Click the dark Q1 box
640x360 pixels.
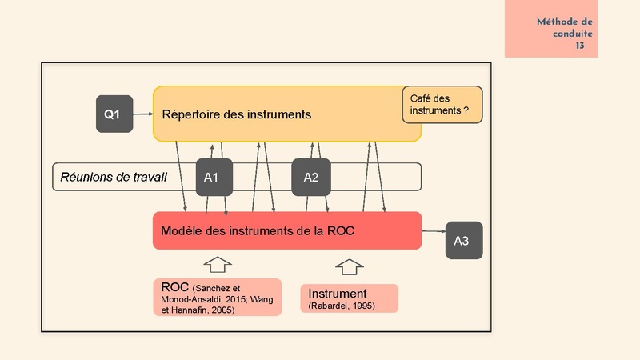tap(114, 114)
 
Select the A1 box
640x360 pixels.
tap(214, 177)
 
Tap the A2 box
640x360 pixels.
tap(311, 177)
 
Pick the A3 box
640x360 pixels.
tap(464, 241)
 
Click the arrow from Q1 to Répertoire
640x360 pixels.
tap(143, 114)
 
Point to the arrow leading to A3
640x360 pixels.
tap(434, 231)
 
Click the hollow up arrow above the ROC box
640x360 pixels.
tap(218, 264)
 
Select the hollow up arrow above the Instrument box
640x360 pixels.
tap(350, 267)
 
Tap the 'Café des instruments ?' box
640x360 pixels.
tap(442, 105)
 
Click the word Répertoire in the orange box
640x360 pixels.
tap(191, 114)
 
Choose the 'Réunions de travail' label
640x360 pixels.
tap(114, 177)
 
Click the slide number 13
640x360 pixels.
tap(580, 46)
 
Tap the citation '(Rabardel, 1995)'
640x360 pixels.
tap(342, 306)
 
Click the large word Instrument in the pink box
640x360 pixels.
tap(337, 294)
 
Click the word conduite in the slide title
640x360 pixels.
tap(573, 34)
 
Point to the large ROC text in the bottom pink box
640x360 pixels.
tap(174, 287)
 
